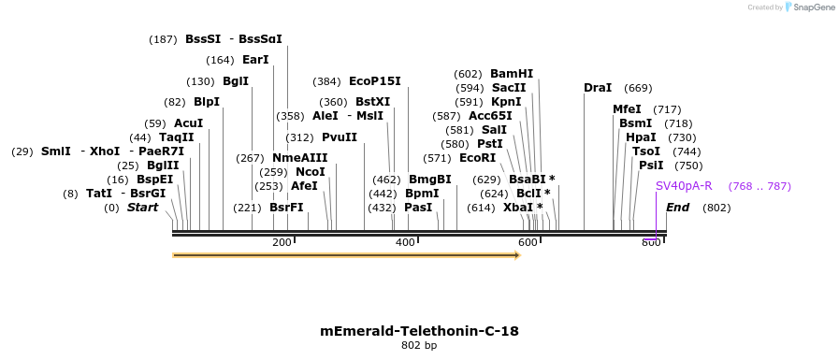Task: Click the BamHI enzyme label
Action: [512, 74]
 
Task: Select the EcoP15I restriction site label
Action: [374, 81]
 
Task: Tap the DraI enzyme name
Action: [598, 88]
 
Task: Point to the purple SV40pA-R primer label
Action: [684, 186]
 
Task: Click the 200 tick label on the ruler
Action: [282, 243]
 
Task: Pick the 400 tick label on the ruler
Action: [405, 243]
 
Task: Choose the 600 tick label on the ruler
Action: [528, 243]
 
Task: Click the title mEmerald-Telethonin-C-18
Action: [419, 331]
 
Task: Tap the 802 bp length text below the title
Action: [419, 346]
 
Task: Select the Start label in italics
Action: [143, 208]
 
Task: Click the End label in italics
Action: [678, 208]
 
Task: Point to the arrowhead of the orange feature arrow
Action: [516, 254]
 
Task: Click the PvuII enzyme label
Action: [340, 137]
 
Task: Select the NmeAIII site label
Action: [300, 158]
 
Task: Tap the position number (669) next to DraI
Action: [638, 88]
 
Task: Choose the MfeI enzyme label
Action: [627, 109]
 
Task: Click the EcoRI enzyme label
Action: [477, 158]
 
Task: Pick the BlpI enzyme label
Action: [206, 102]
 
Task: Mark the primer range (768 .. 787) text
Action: [759, 186]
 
